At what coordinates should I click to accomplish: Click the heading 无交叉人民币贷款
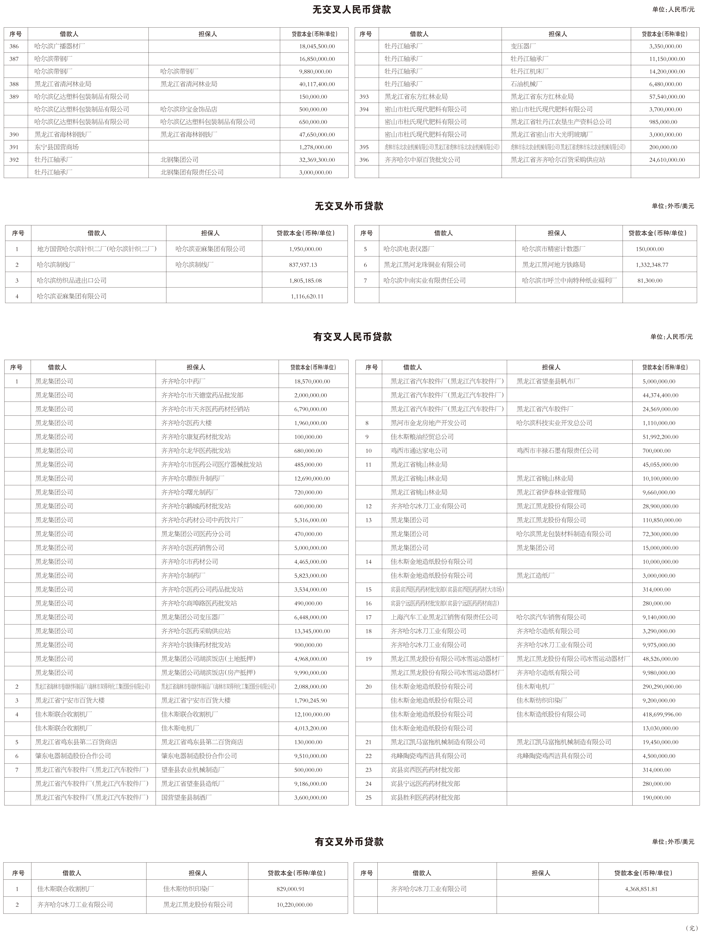click(352, 10)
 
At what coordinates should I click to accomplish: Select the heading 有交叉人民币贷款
click(352, 337)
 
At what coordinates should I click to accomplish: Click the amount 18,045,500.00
click(317, 46)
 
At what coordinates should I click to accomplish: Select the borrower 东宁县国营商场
click(56, 147)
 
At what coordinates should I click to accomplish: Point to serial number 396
click(364, 160)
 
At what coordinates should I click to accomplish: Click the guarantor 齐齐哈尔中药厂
click(183, 381)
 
